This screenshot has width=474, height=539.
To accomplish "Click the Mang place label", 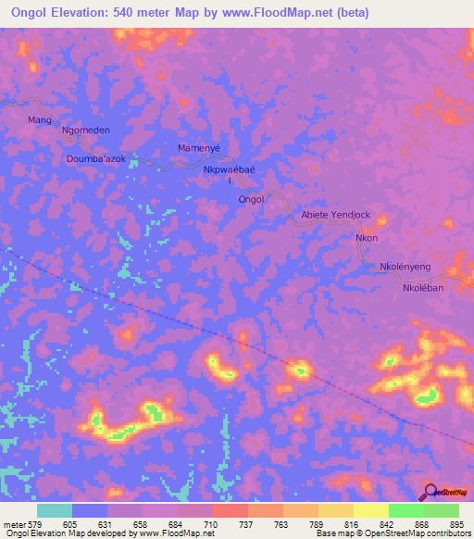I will point(39,120).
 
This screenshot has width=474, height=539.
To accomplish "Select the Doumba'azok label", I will point(102,160).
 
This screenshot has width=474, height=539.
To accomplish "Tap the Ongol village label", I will point(251,199).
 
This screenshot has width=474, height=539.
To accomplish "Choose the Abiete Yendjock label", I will point(335,215).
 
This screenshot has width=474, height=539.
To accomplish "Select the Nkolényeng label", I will point(405,267).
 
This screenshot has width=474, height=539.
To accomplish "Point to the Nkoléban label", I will point(424,288).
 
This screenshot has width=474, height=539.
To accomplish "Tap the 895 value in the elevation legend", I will point(458,523).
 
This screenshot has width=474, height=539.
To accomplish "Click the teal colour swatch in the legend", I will point(55,510).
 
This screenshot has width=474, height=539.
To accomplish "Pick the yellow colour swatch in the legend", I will point(371,510).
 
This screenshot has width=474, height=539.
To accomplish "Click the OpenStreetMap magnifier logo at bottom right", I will point(429,492).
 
